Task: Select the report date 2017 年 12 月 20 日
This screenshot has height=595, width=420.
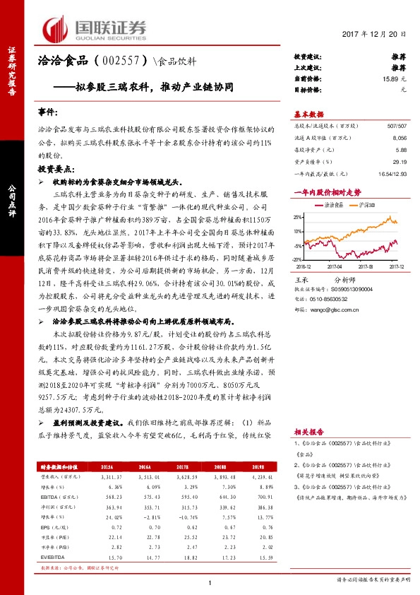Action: [x=373, y=34]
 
